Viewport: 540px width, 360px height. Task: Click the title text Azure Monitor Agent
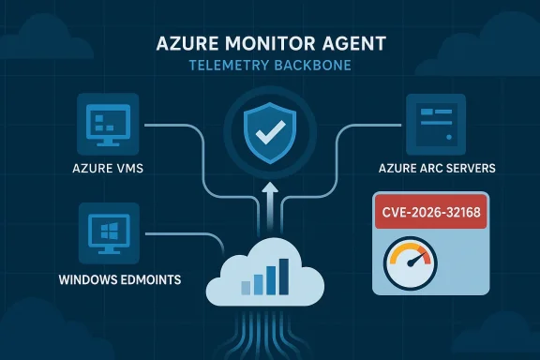pyautogui.click(x=270, y=44)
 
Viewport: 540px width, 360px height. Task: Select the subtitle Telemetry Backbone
pyautogui.click(x=270, y=66)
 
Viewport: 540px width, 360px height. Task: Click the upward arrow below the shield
pyautogui.click(x=270, y=199)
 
